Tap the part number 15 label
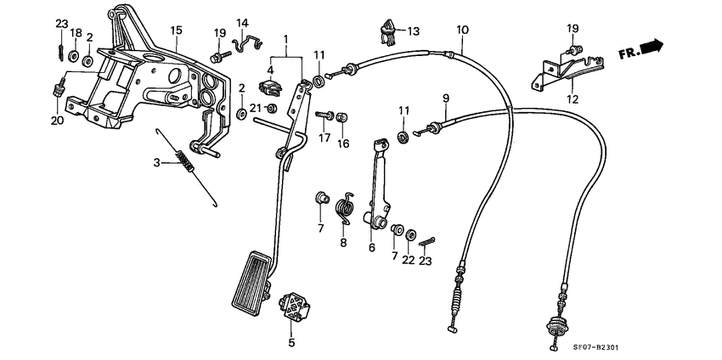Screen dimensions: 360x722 click(176, 31)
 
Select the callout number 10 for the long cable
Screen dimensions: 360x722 click(462, 31)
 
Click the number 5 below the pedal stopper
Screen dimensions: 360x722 click(290, 343)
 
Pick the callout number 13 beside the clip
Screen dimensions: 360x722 click(413, 31)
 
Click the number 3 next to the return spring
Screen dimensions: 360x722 click(156, 161)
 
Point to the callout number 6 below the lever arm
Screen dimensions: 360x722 click(371, 248)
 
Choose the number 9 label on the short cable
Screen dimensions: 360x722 click(444, 99)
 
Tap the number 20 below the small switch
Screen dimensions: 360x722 click(57, 121)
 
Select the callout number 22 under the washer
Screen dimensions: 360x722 click(409, 260)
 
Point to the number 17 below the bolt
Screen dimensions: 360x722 click(324, 138)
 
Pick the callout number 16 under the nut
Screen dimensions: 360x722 click(343, 144)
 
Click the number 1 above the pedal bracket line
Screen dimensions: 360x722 click(286, 39)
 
